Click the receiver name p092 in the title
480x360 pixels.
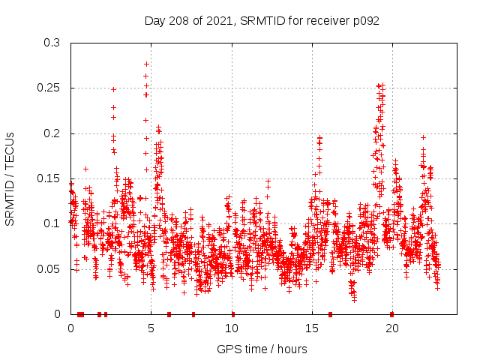(x=364, y=21)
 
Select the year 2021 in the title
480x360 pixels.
(x=220, y=21)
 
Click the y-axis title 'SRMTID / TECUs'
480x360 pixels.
(x=10, y=178)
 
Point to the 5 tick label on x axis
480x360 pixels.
(x=151, y=328)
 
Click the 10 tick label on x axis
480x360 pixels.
(x=232, y=328)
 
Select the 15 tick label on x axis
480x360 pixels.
(x=312, y=328)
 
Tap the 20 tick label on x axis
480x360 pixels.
(x=392, y=328)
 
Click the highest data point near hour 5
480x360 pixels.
(x=146, y=64)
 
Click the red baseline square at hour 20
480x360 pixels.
(x=391, y=314)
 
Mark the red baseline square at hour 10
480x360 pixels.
(x=232, y=314)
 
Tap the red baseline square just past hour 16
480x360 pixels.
(x=331, y=314)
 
